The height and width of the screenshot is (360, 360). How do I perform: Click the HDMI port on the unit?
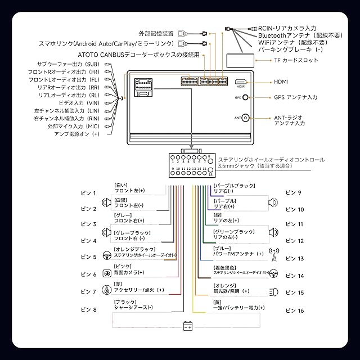tap(241, 82)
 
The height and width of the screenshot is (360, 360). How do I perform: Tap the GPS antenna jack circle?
tap(245, 97)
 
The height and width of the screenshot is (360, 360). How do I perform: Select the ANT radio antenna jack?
tap(245, 118)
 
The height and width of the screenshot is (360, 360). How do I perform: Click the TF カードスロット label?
tap(293, 60)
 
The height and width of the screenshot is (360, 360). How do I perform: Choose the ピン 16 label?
tap(294, 310)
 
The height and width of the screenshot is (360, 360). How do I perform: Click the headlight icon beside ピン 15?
tap(274, 292)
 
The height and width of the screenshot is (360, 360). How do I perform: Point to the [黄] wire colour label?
tap(216, 301)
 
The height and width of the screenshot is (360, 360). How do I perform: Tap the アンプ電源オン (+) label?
tap(76, 134)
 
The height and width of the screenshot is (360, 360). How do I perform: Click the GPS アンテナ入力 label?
tap(295, 97)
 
